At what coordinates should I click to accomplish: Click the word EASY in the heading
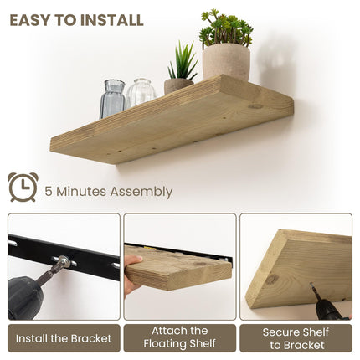32,19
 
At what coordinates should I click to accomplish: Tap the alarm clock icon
23,188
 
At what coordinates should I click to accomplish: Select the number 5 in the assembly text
50,192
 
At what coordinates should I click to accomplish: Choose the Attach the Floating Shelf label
180,337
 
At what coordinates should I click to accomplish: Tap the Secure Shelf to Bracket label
296,337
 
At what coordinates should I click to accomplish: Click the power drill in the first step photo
29,293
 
